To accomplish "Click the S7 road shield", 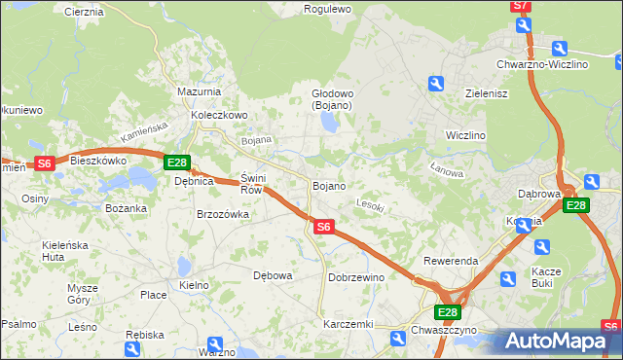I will tap(522, 6).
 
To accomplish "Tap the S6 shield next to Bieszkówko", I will tap(44, 163).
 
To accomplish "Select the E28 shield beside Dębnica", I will tap(176, 163).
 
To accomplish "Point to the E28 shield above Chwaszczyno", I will tap(446, 312).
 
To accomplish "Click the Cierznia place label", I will tap(84, 12).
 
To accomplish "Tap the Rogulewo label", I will tap(327, 9).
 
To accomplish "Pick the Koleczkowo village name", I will tap(220, 114).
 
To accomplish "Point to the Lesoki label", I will tap(371, 205).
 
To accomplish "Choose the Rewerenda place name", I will tap(450, 262).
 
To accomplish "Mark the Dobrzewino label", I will tap(356, 277).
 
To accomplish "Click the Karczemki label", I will tap(348, 323).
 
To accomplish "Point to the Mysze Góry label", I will tap(82, 294).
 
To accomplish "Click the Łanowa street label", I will tap(447, 170).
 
